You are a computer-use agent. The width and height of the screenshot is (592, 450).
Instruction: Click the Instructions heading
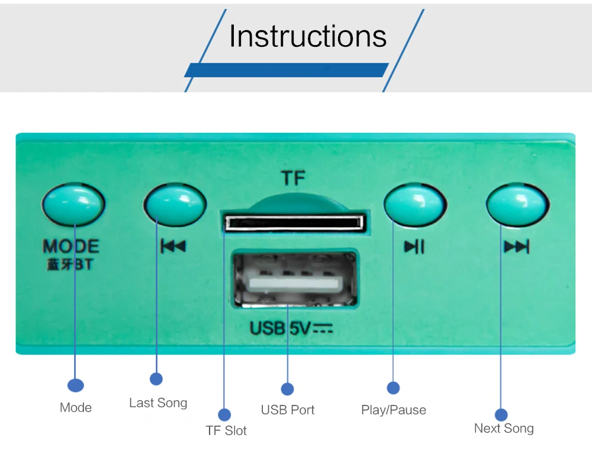(308, 36)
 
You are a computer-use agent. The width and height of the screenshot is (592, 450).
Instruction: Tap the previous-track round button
(175, 205)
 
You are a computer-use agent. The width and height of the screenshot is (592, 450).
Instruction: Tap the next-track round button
(516, 205)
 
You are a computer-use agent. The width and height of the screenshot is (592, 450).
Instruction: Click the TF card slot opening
(294, 223)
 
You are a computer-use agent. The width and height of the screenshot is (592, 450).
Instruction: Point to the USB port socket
(294, 280)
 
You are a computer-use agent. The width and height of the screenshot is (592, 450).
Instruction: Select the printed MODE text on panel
(71, 246)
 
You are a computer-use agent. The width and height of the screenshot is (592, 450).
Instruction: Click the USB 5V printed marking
(291, 327)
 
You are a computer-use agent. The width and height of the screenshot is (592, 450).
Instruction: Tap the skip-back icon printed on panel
(173, 246)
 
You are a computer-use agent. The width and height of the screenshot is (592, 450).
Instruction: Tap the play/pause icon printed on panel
(414, 246)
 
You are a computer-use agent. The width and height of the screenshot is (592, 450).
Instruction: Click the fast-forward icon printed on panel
(516, 246)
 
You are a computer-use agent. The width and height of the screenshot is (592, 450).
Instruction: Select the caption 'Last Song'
(158, 403)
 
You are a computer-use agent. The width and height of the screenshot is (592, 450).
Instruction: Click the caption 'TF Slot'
(226, 430)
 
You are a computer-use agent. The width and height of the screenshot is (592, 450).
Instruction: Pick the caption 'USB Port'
(288, 410)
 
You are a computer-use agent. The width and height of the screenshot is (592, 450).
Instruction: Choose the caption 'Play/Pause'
(394, 410)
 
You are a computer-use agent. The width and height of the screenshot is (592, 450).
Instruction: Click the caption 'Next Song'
(504, 428)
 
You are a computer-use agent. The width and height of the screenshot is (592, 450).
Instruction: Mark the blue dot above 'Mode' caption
(75, 385)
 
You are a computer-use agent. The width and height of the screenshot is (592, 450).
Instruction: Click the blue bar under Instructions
(287, 70)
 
